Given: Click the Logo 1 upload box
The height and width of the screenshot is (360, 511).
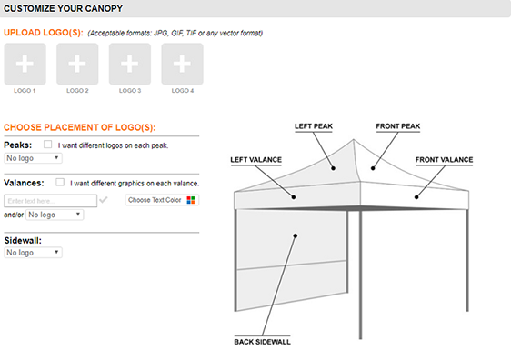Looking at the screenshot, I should [25, 64].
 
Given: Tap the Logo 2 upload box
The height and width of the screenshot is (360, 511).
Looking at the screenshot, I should [77, 64].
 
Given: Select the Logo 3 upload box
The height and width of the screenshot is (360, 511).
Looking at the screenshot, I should [130, 64].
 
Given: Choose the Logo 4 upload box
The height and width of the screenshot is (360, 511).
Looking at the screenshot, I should [182, 64].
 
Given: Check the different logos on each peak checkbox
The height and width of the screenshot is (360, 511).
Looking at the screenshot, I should [47, 145].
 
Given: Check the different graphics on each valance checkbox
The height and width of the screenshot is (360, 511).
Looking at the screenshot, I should [60, 182].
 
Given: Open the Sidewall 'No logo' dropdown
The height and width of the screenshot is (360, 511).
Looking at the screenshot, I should [33, 252].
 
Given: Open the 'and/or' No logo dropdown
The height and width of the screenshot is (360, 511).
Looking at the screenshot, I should [55, 215].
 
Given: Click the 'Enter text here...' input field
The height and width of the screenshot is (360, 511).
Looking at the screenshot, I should [50, 200].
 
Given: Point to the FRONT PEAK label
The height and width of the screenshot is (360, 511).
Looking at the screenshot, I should [398, 125].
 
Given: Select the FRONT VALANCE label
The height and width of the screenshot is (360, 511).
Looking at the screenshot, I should [444, 160].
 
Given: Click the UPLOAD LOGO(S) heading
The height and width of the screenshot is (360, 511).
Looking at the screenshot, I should [44, 33].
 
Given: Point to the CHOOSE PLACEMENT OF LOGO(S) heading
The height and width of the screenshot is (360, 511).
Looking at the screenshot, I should [80, 127].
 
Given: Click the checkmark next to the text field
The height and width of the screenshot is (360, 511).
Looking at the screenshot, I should [104, 200].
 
